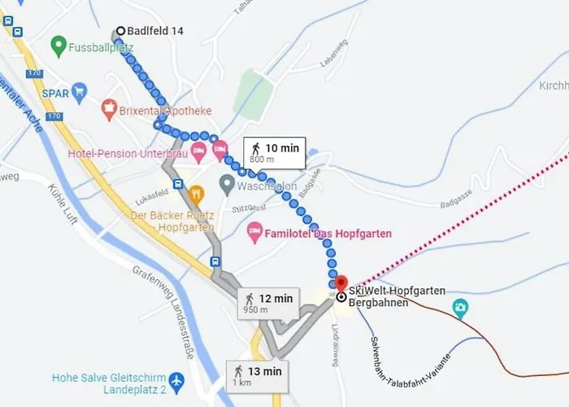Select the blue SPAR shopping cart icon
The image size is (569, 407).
tap(79, 92)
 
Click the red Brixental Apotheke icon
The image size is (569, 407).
tap(109, 107)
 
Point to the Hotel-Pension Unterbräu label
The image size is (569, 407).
tap(128, 152)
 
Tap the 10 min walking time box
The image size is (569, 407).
tap(274, 152)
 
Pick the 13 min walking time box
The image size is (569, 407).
tap(257, 376)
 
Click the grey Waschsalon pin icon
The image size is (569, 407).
tap(228, 185)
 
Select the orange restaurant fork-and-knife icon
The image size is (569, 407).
tap(196, 194)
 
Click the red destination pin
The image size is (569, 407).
tap(341, 284)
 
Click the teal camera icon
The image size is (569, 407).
tap(461, 309)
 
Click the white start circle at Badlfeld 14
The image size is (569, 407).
tap(120, 32)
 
